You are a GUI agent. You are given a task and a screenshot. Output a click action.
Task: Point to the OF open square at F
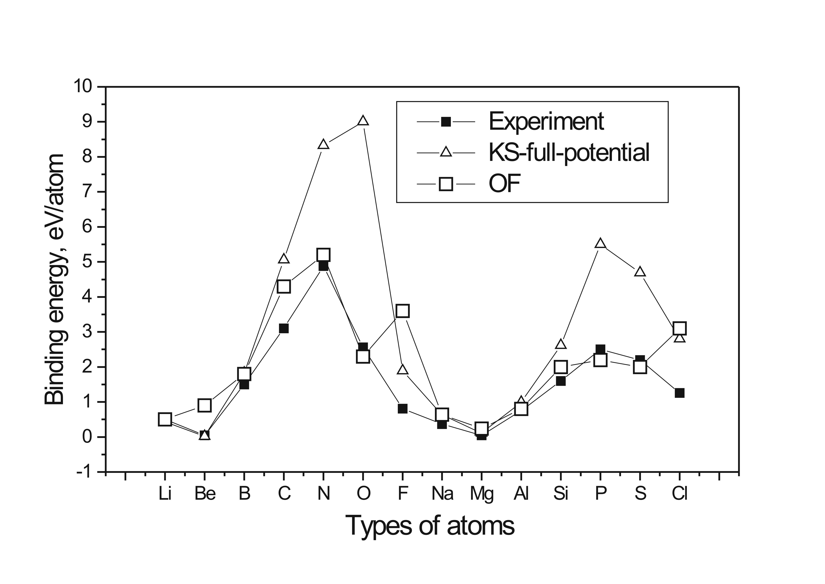[403, 311]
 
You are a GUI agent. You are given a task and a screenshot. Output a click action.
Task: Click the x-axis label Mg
[481, 494]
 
